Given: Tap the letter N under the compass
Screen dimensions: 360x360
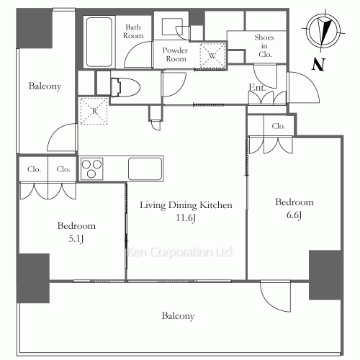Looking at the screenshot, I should coord(318,64).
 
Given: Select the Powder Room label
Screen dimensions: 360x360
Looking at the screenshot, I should coord(174,55).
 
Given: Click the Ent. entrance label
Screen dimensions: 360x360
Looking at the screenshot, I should coord(258,88).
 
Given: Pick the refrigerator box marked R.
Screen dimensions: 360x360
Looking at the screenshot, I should coord(94,110).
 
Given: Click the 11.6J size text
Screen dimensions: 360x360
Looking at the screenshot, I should coord(186,217).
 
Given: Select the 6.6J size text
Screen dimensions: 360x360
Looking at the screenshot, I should coord(294,215).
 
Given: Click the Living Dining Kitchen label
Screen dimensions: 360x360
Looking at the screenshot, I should coord(186,205).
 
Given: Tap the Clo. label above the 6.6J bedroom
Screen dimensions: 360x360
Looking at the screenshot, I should coord(279,126).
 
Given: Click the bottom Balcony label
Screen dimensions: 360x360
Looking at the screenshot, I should coord(177,316).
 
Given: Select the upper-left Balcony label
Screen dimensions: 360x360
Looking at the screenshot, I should coord(45,86).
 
